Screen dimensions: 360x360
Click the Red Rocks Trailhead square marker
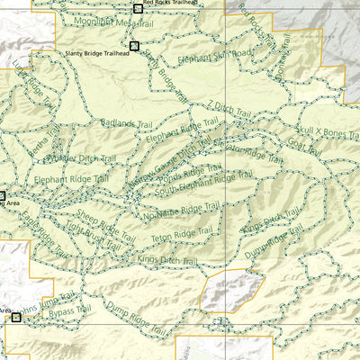[x=138, y=9]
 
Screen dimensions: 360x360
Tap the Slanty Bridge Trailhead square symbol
[x=134, y=46]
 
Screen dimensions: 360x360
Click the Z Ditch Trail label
[x=229, y=108]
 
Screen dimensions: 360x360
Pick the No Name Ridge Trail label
[x=181, y=210]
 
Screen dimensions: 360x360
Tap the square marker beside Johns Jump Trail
[x=16, y=317]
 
